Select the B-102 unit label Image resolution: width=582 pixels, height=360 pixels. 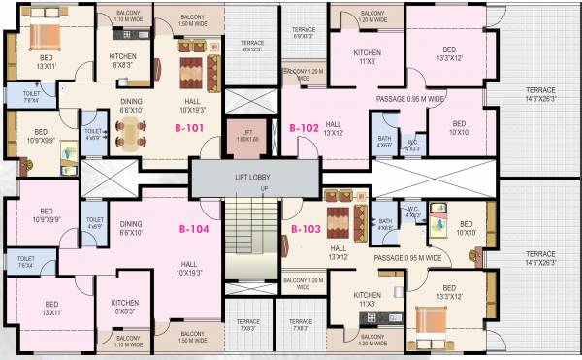coord(304,127)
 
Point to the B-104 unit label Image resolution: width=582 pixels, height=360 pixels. coord(194,230)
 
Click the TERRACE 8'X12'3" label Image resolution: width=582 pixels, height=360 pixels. coord(252,46)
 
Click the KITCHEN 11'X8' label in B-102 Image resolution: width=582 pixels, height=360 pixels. coord(367,56)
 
